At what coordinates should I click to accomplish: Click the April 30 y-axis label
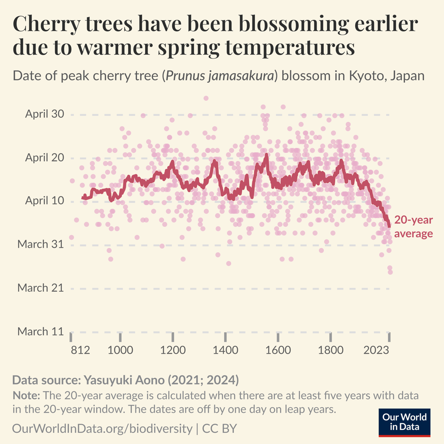click(x=44, y=114)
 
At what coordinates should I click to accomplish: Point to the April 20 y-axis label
click(x=44, y=158)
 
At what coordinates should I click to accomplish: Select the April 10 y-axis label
click(x=44, y=201)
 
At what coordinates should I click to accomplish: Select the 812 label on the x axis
click(x=80, y=350)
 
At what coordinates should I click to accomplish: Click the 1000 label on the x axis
click(x=120, y=350)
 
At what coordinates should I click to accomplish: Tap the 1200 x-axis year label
click(x=173, y=350)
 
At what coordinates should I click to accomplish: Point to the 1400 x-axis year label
click(x=225, y=350)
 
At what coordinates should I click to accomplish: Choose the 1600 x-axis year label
click(x=278, y=350)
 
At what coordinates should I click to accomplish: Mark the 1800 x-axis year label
click(x=331, y=350)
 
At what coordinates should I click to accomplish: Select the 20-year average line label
click(x=413, y=227)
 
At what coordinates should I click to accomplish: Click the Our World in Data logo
click(x=404, y=422)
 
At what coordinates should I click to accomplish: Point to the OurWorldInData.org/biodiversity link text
click(x=102, y=429)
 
